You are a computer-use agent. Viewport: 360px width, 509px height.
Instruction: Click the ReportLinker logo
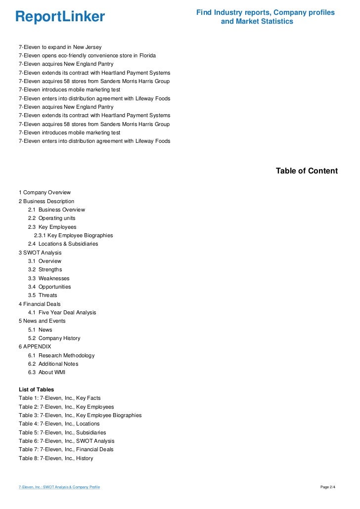tap(60, 17)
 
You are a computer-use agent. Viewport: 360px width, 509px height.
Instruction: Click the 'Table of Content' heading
tap(307, 171)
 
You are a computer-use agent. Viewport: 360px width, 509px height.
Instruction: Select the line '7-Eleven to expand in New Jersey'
tap(60, 47)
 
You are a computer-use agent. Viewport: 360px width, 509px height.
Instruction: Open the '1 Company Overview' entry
tap(45, 192)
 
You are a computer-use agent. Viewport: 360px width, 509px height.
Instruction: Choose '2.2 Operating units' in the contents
tap(51, 218)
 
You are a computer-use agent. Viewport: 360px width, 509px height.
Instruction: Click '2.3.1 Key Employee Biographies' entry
tap(73, 235)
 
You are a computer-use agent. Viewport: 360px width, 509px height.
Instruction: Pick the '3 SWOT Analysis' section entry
tap(40, 253)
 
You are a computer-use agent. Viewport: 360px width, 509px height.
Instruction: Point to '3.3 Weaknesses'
tap(48, 278)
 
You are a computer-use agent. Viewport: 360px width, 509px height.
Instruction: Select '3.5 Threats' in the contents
tap(43, 295)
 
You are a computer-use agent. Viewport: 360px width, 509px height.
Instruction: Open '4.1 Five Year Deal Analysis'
tap(62, 312)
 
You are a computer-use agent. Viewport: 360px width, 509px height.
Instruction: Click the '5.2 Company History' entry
tap(54, 338)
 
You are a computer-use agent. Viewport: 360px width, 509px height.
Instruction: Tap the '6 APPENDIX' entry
tap(35, 346)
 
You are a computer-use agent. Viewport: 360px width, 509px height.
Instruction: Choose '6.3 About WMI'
tap(46, 372)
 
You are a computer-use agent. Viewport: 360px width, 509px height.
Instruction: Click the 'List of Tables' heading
tap(36, 389)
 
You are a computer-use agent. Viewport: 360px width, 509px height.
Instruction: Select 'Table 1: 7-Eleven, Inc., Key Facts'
tap(59, 398)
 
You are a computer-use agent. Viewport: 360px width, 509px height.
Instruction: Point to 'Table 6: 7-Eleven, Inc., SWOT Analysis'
tap(66, 441)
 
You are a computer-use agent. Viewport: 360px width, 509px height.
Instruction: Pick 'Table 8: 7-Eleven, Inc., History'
tap(56, 458)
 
